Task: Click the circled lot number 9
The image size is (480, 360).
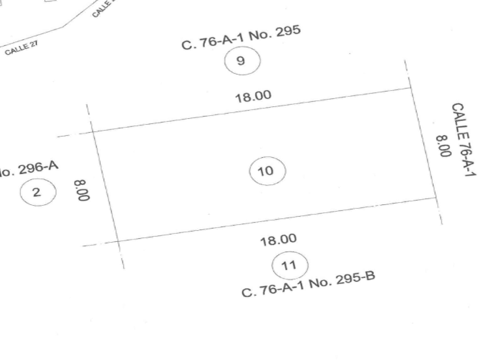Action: (x=242, y=61)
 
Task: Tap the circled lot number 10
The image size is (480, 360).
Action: (x=267, y=171)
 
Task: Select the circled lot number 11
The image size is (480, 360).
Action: (x=290, y=265)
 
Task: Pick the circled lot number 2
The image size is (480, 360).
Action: (x=38, y=192)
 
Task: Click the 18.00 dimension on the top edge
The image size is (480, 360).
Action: (x=253, y=96)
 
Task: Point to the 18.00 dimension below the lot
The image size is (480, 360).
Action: (x=278, y=240)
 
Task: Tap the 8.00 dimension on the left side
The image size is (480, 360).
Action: (x=82, y=191)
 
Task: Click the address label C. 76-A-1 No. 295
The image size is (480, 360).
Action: (x=241, y=37)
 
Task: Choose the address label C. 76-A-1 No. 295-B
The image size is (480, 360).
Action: (x=308, y=284)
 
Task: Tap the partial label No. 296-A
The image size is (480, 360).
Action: (x=29, y=168)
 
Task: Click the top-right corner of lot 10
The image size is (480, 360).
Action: (x=411, y=88)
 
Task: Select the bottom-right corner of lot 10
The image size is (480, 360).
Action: (x=437, y=197)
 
